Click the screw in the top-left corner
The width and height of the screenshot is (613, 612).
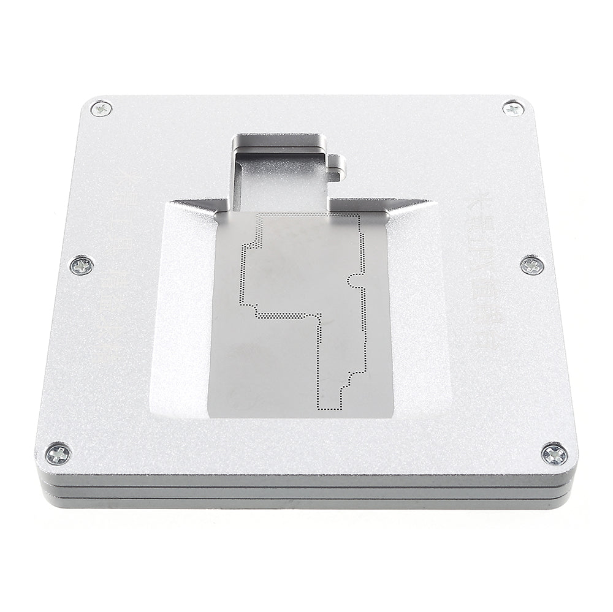point(101,109)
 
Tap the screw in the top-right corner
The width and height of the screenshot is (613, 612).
point(512,108)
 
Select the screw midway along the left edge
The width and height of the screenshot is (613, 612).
point(82,265)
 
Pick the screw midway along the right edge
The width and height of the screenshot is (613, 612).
point(532,265)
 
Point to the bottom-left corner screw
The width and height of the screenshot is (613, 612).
point(59,454)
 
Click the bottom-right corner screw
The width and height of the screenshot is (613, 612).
point(554,453)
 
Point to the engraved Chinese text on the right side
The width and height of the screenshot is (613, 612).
point(484,270)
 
